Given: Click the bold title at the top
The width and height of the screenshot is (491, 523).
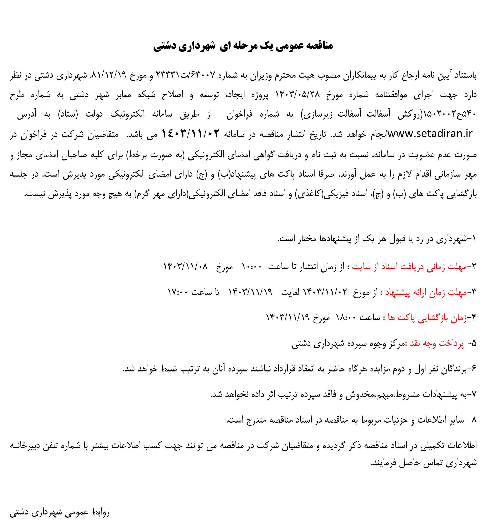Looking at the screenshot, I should pos(243,46).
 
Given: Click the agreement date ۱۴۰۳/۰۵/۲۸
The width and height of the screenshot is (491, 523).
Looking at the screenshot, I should pos(298,95).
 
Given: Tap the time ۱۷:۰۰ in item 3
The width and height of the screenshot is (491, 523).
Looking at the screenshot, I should pos(178,292).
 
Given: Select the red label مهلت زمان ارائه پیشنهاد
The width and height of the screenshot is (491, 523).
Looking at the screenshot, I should pos(426,292).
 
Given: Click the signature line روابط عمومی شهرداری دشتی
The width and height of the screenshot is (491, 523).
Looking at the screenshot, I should pos(60,512).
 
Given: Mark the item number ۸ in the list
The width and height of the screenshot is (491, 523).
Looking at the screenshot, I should pos(474,420).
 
